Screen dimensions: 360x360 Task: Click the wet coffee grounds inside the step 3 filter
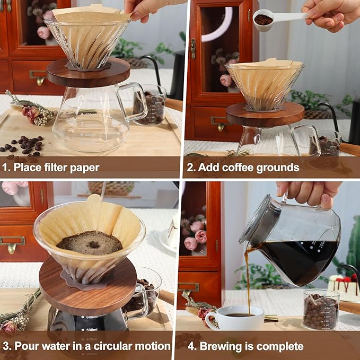[90, 242]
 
